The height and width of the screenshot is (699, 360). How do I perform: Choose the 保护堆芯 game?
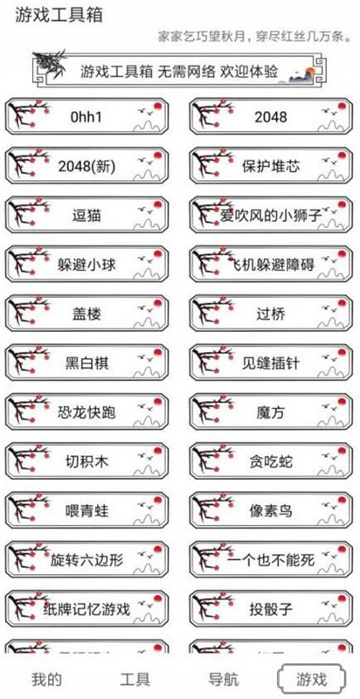(271, 165)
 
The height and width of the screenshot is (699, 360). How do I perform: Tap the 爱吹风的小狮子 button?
(271, 215)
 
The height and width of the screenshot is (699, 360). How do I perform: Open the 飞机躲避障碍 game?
(271, 264)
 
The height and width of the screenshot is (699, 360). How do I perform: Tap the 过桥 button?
(271, 314)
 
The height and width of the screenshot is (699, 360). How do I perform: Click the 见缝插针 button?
(271, 363)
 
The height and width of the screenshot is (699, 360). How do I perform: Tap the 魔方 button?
(271, 412)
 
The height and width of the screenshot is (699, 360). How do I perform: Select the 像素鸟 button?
(271, 510)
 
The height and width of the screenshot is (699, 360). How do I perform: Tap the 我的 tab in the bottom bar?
(46, 679)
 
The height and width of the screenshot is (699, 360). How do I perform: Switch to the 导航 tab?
(224, 679)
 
